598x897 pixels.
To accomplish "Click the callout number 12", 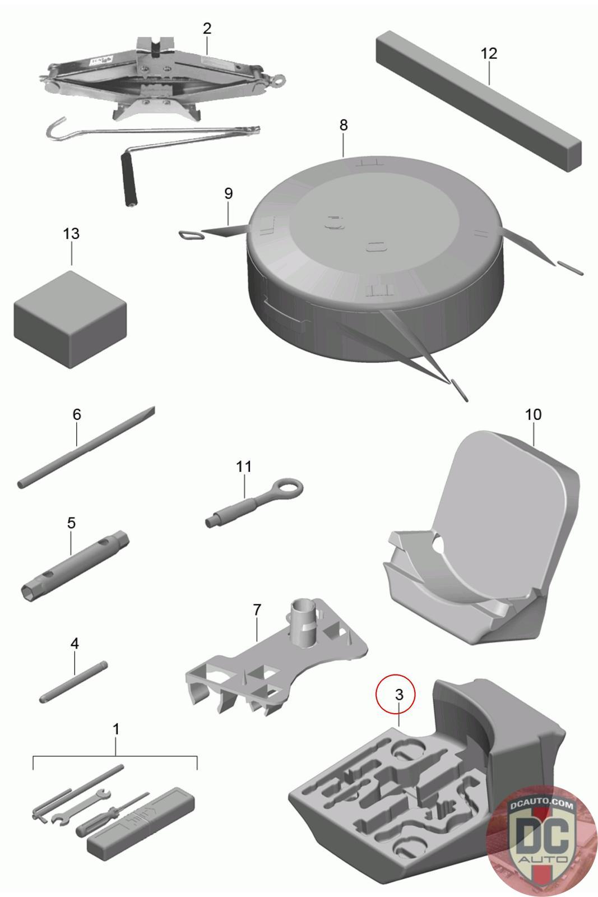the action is [x=489, y=53].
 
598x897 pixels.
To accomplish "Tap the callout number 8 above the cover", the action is [x=344, y=125].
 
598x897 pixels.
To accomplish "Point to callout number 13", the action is [x=71, y=233].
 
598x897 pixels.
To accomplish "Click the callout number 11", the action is [x=244, y=466].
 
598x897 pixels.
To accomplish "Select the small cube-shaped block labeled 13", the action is [x=71, y=319].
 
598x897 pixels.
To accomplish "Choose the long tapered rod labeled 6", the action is [x=86, y=447].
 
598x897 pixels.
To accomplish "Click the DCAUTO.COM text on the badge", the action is [x=541, y=806].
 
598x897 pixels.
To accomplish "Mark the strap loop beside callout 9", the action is [x=191, y=234].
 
